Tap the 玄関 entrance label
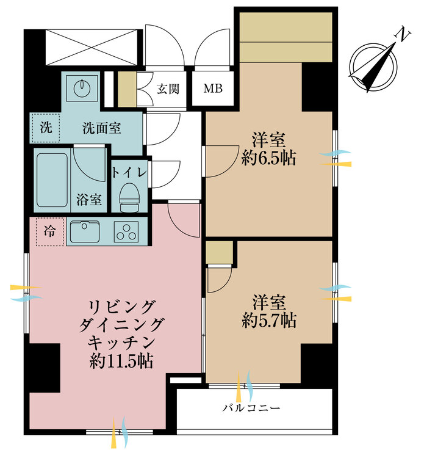pos(168,89)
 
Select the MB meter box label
pos(213,89)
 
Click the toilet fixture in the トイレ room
pos(128,195)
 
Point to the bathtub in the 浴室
pos(52,180)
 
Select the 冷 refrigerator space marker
pos(49,232)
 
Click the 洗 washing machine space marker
pos(46,128)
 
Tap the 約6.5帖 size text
pos(268,159)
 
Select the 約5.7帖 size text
pos(268,320)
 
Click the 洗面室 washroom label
pos(101,128)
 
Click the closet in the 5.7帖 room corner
pos(220,252)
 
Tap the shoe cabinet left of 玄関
pos(126,89)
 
